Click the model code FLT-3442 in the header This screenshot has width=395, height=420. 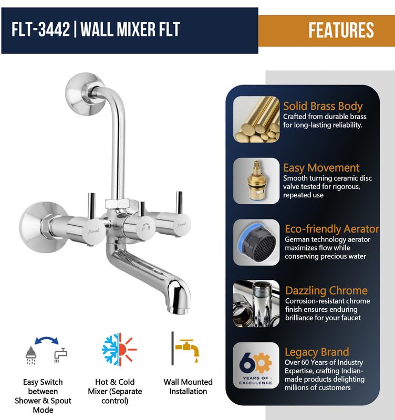pyautogui.click(x=40, y=29)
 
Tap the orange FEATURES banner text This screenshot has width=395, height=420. pyautogui.click(x=341, y=30)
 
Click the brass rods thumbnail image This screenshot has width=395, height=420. pyautogui.click(x=256, y=119)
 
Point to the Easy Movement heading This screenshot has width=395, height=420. pyautogui.click(x=321, y=168)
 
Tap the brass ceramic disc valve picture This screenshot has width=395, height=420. pyautogui.click(x=256, y=181)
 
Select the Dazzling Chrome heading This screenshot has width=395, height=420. pyautogui.click(x=326, y=290)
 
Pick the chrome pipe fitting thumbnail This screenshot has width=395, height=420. pyautogui.click(x=256, y=304)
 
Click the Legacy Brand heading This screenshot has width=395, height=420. pyautogui.click(x=316, y=352)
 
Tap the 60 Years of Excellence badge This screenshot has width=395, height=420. pyautogui.click(x=256, y=365)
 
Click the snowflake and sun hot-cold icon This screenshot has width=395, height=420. pyautogui.click(x=119, y=349)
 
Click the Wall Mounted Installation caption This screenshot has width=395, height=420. pyautogui.click(x=188, y=386)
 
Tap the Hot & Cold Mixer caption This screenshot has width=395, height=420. pyautogui.click(x=115, y=391)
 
